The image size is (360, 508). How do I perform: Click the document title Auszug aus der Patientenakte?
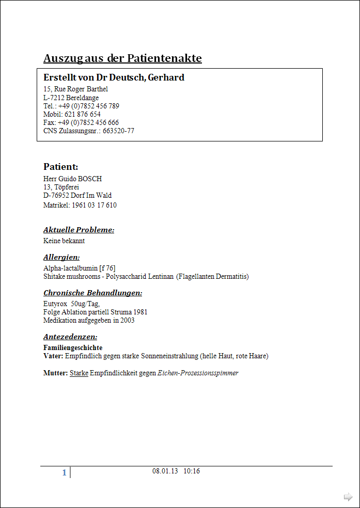(122, 58)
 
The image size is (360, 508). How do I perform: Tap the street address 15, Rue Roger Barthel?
(75, 89)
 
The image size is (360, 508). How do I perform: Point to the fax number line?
(81, 122)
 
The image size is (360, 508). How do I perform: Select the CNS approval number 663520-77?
(118, 131)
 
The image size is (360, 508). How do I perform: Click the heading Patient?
(60, 166)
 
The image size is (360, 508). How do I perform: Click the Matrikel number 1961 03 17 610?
(94, 205)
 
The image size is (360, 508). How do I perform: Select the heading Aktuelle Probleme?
(79, 230)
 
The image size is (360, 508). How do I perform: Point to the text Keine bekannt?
(64, 241)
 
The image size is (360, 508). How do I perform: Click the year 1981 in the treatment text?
(140, 312)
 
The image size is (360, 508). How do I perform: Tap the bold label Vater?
(53, 356)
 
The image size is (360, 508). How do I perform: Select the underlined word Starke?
(79, 373)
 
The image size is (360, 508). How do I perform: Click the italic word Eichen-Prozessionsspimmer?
(198, 373)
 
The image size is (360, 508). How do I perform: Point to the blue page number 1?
(64, 472)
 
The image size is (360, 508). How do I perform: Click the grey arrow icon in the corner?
(348, 497)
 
